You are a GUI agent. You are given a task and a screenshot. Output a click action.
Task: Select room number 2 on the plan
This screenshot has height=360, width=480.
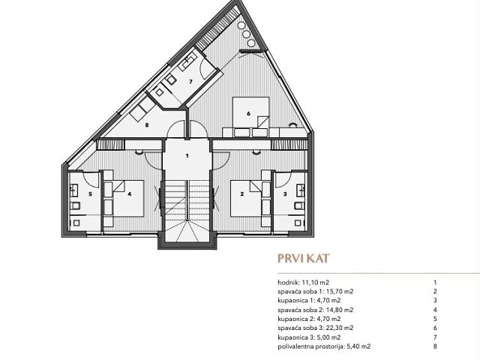coord(241,193)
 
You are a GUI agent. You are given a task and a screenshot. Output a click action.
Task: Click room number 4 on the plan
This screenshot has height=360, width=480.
coord(130,193)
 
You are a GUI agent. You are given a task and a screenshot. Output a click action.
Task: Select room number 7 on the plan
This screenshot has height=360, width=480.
coord(190,80)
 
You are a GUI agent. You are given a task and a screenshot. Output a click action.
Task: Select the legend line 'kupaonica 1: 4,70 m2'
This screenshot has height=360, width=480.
coord(303,300)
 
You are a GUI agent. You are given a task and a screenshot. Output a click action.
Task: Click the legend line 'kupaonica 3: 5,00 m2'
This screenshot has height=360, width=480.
coord(303,336)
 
